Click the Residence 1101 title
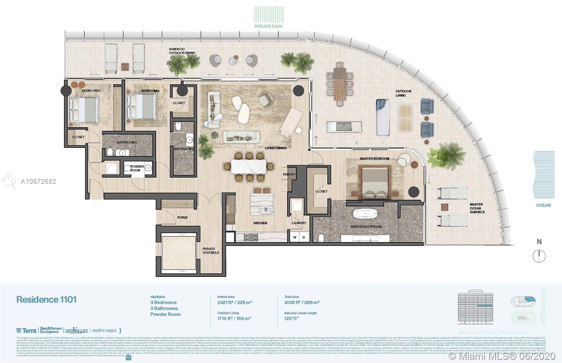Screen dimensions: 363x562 click(x=46, y=300)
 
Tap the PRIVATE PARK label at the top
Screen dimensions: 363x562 click(x=269, y=26)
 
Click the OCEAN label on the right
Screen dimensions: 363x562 click(x=543, y=205)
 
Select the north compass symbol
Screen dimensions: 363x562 click(x=539, y=256)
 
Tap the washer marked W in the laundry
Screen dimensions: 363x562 click(x=295, y=237)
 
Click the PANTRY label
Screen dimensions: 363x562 click(x=289, y=174)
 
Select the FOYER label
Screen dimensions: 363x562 click(x=182, y=217)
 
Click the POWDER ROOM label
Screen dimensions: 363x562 click(x=137, y=168)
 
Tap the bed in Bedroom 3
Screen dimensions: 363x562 click(x=83, y=109)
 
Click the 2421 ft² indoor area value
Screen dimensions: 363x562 click(x=235, y=302)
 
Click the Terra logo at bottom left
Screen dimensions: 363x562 click(x=26, y=330)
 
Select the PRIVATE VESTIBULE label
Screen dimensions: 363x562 click(x=211, y=251)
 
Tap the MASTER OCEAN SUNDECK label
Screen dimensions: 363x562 click(x=477, y=208)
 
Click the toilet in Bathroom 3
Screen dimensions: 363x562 click(x=109, y=152)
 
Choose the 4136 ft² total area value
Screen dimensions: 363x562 click(x=302, y=302)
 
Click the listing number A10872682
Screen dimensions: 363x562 click(x=38, y=181)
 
